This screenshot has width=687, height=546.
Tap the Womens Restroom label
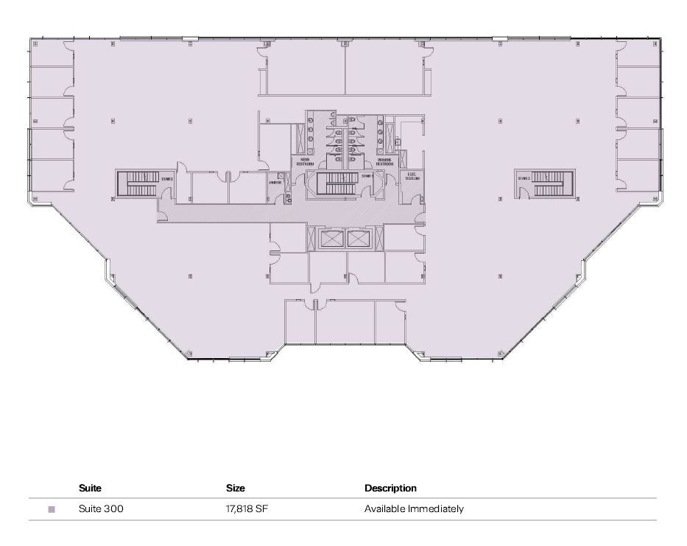(x=384, y=161)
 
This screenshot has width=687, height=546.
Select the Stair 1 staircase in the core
(x=340, y=183)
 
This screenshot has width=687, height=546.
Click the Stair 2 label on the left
(x=167, y=178)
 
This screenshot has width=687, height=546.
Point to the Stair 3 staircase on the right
(x=548, y=183)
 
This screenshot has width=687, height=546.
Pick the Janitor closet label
(x=275, y=183)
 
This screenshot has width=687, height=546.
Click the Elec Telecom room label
(x=412, y=178)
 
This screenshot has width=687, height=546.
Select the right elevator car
(x=359, y=238)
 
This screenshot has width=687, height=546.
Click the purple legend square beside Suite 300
(x=52, y=509)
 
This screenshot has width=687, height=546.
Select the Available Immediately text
(x=414, y=509)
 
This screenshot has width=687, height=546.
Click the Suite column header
(x=90, y=488)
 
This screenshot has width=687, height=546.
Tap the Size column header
(x=236, y=488)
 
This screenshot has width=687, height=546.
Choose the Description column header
(x=390, y=488)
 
